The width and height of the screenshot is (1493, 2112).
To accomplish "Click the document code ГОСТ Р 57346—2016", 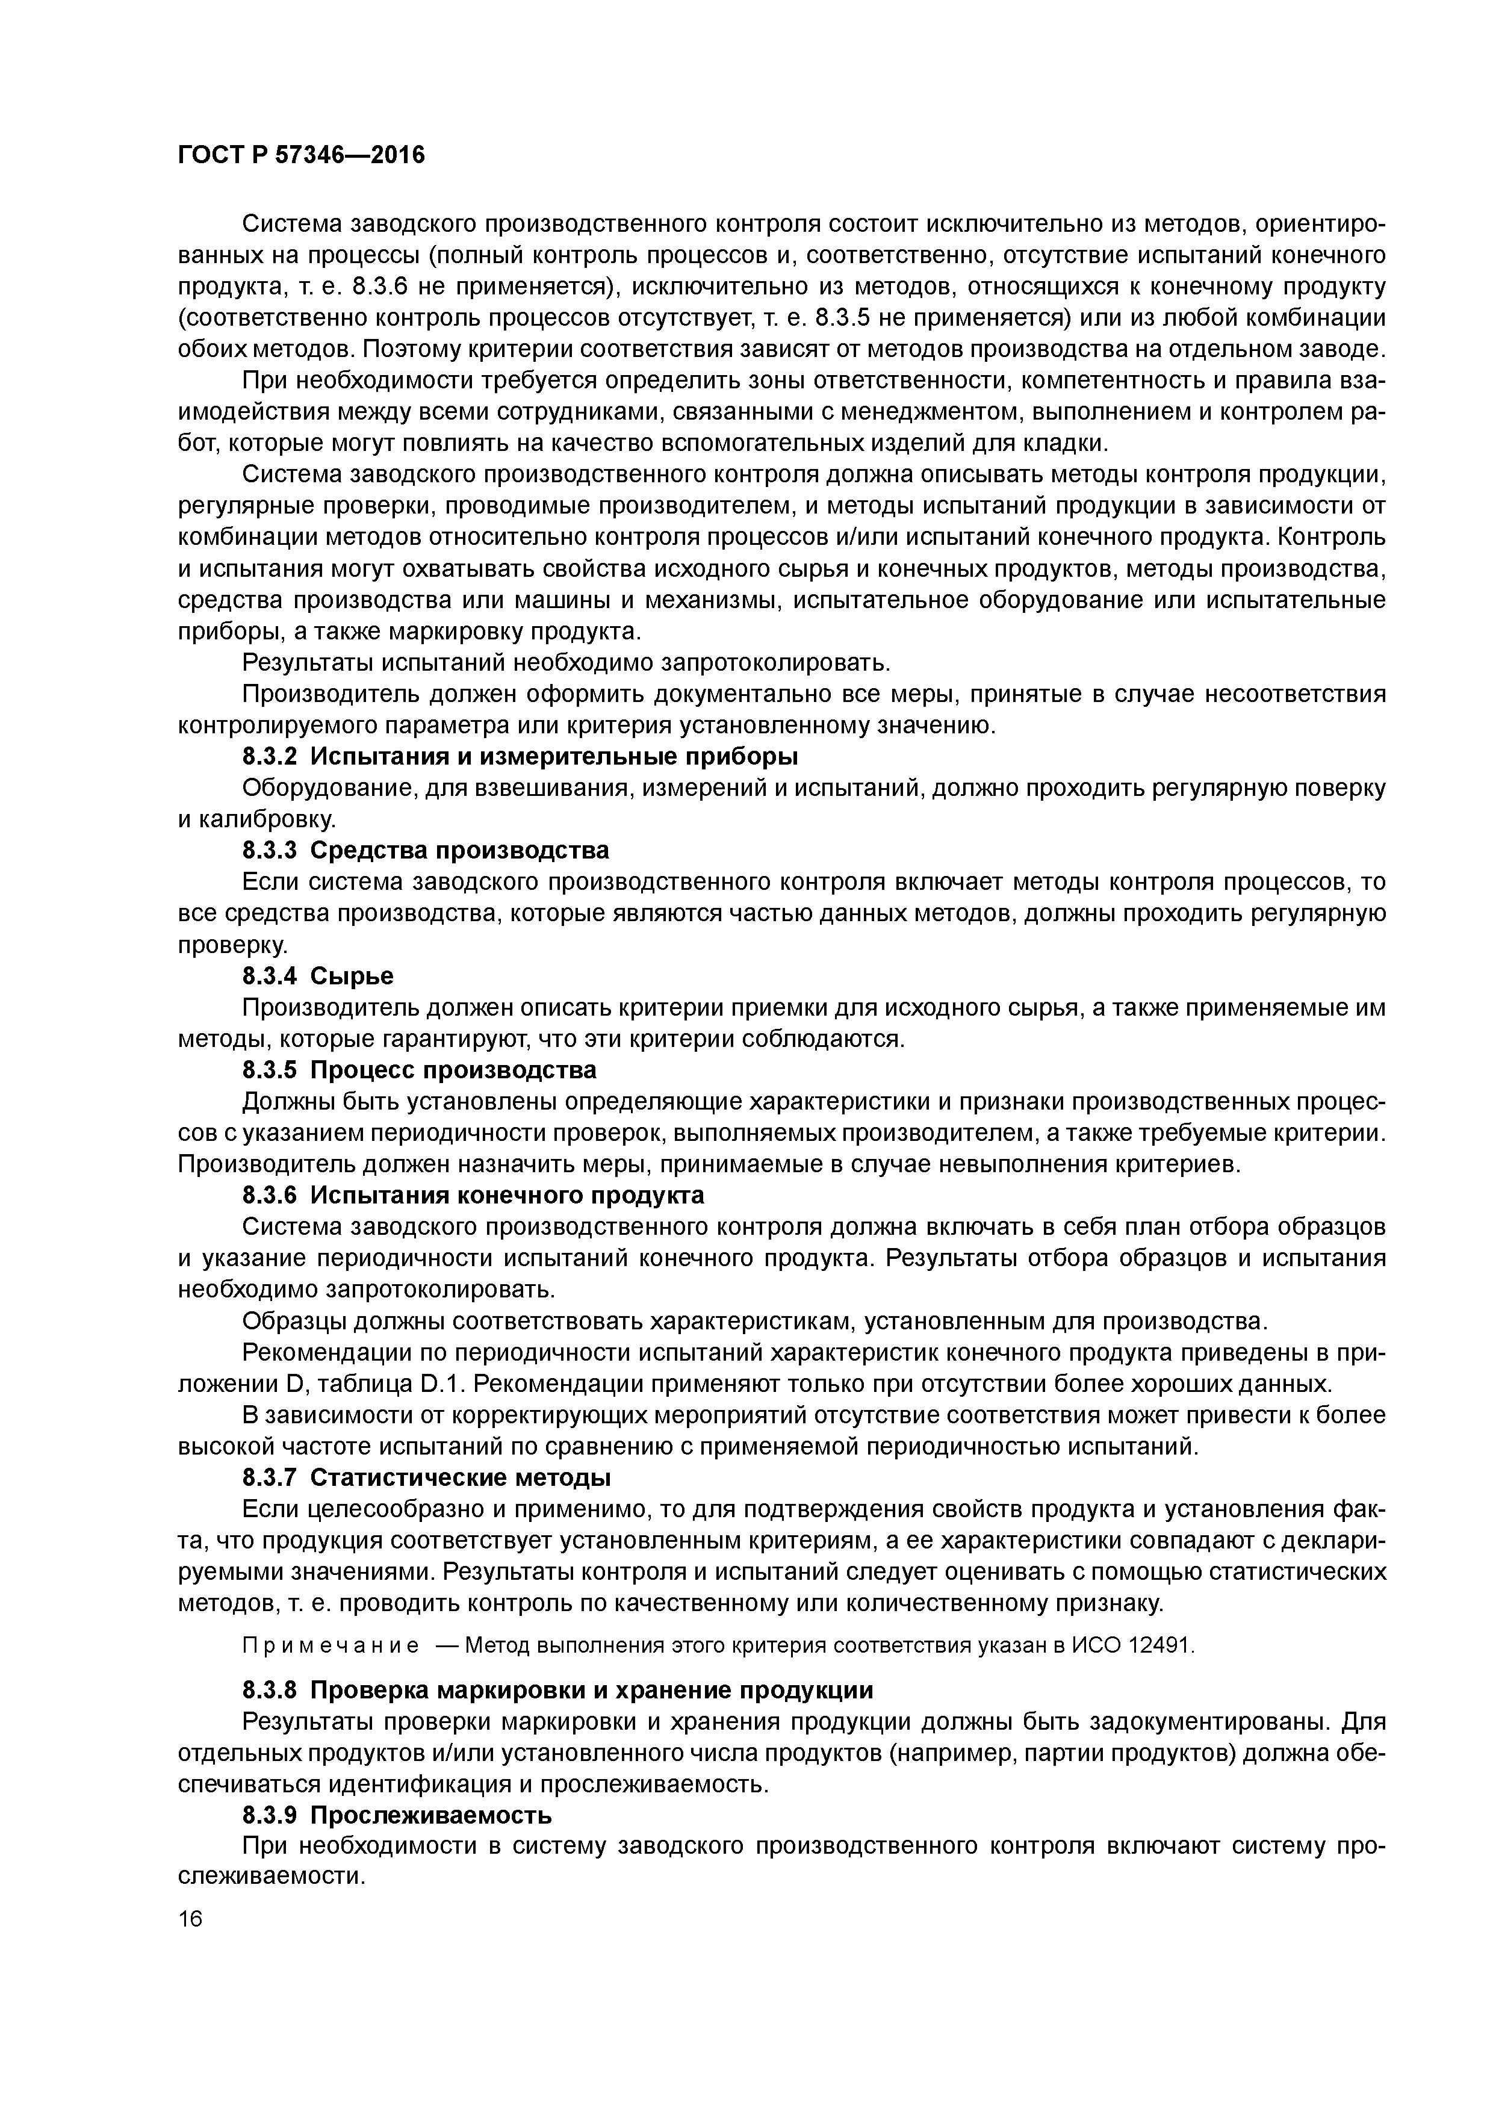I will (x=301, y=155).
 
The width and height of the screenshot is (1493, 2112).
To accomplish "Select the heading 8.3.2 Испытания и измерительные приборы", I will (x=520, y=756).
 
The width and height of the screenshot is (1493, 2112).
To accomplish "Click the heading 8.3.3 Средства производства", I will (x=425, y=849).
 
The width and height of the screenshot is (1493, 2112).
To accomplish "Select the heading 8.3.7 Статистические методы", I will (x=427, y=1477).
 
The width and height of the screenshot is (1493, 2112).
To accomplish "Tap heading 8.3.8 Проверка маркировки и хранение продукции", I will (x=557, y=1690).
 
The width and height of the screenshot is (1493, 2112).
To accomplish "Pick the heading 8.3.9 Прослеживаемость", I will (x=397, y=1815).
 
